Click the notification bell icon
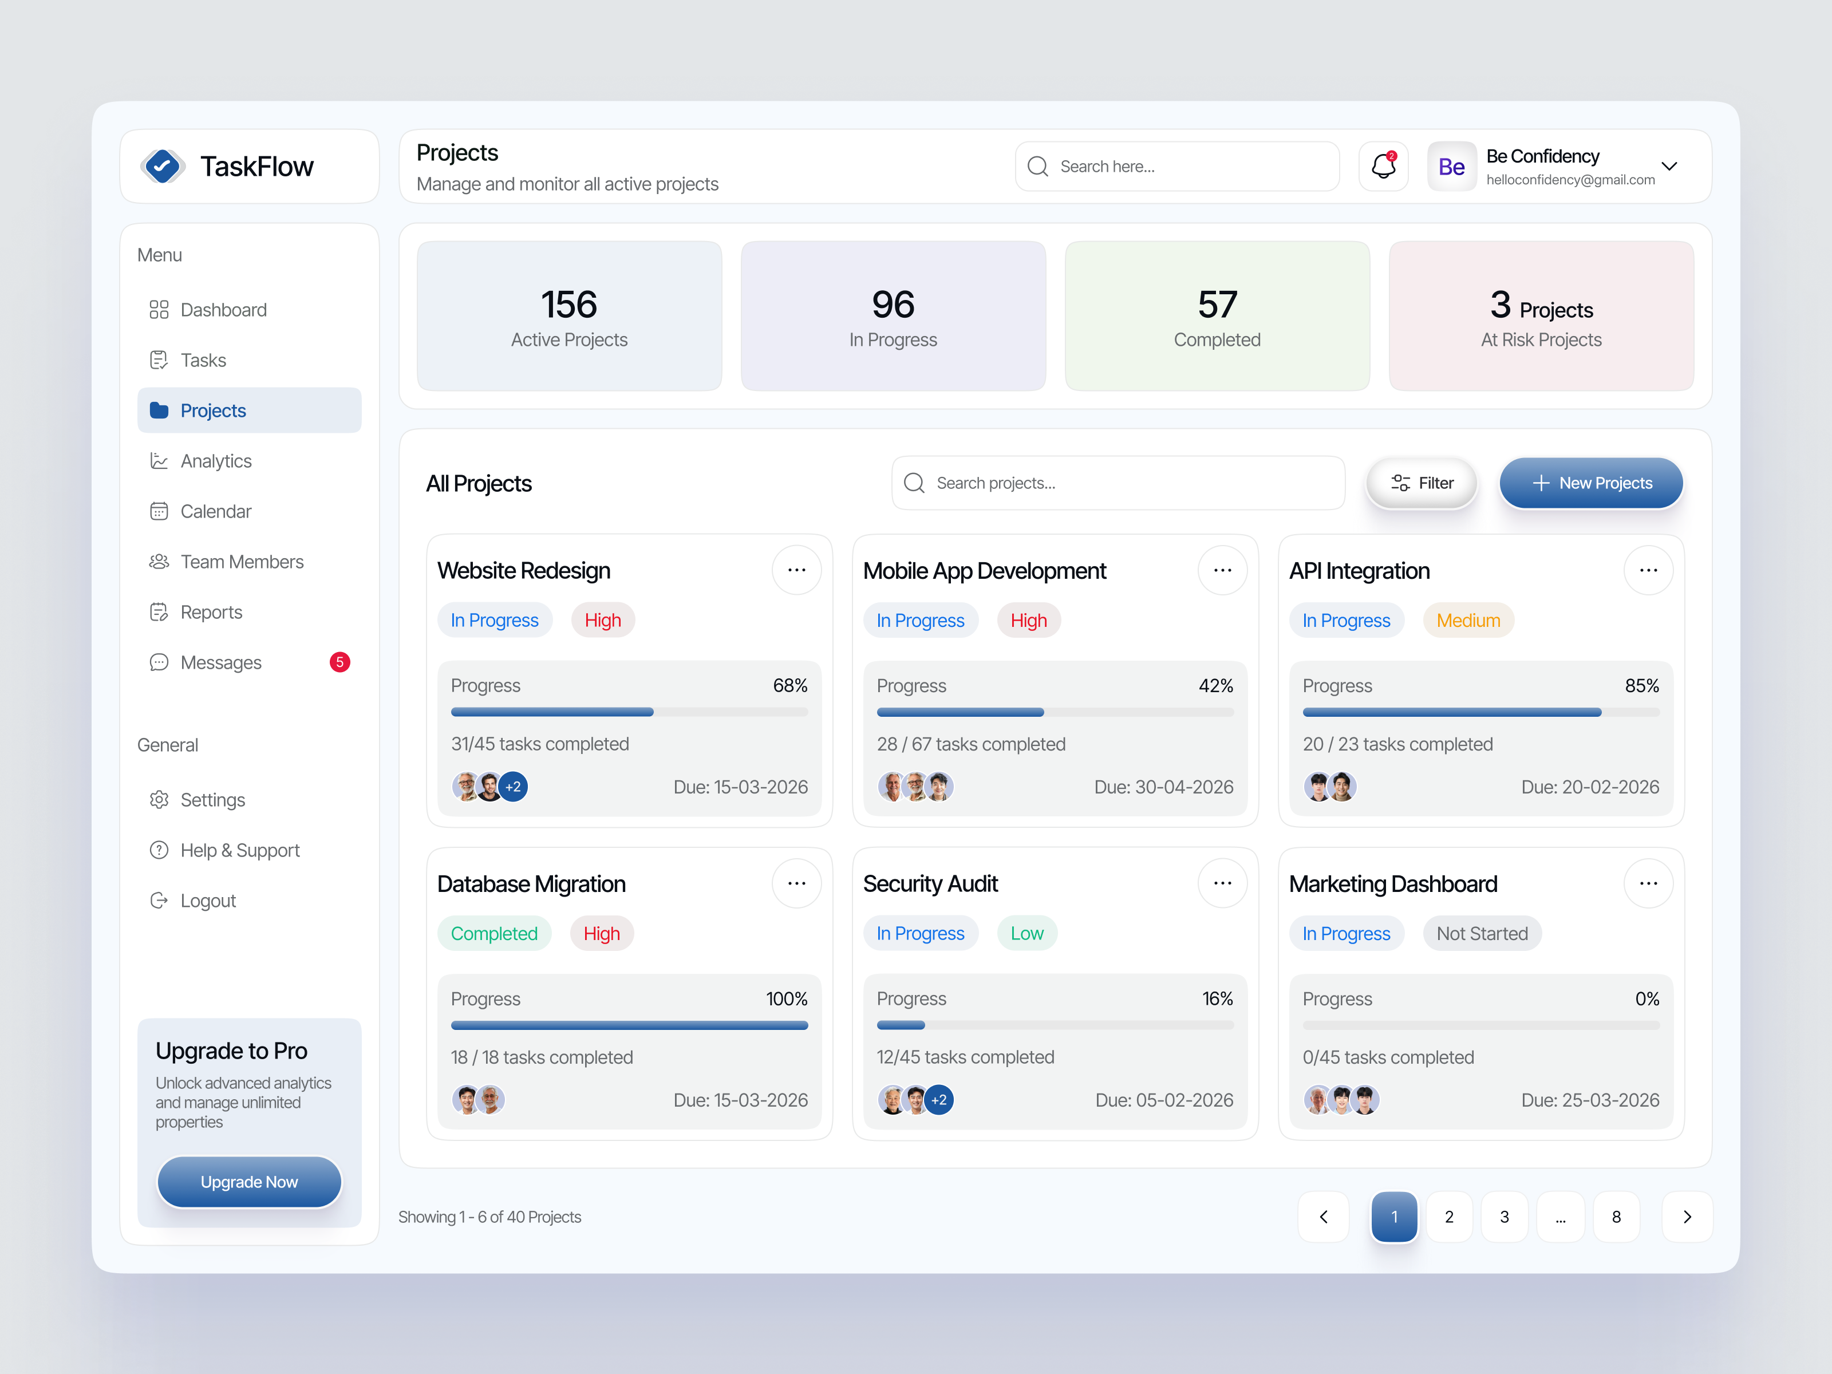coord(1383,167)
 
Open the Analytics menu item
coord(215,461)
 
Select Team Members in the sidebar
coord(241,562)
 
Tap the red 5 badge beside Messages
coord(339,662)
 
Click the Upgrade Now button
coord(248,1182)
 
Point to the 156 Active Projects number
coord(569,305)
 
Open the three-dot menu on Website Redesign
coord(796,571)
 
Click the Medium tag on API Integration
coord(1467,621)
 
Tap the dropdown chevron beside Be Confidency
coord(1669,167)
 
